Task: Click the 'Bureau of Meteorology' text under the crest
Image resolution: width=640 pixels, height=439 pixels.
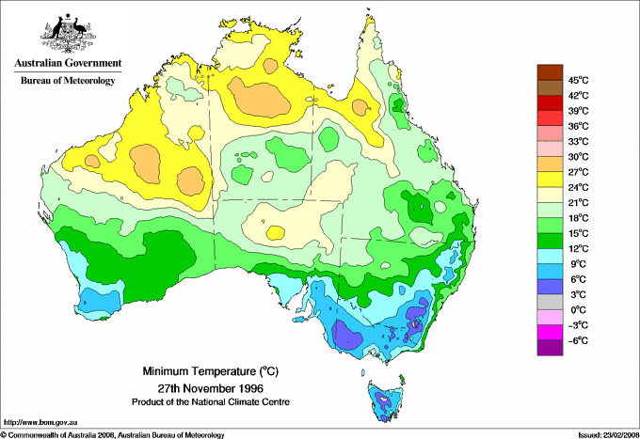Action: coord(67,81)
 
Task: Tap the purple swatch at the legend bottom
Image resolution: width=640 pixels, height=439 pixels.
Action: coord(548,348)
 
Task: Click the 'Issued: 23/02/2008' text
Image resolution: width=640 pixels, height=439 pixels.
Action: coord(603,434)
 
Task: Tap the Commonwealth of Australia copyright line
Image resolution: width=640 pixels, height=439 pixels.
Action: coord(113,434)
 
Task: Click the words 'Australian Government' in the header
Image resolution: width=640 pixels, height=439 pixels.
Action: coord(67,64)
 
